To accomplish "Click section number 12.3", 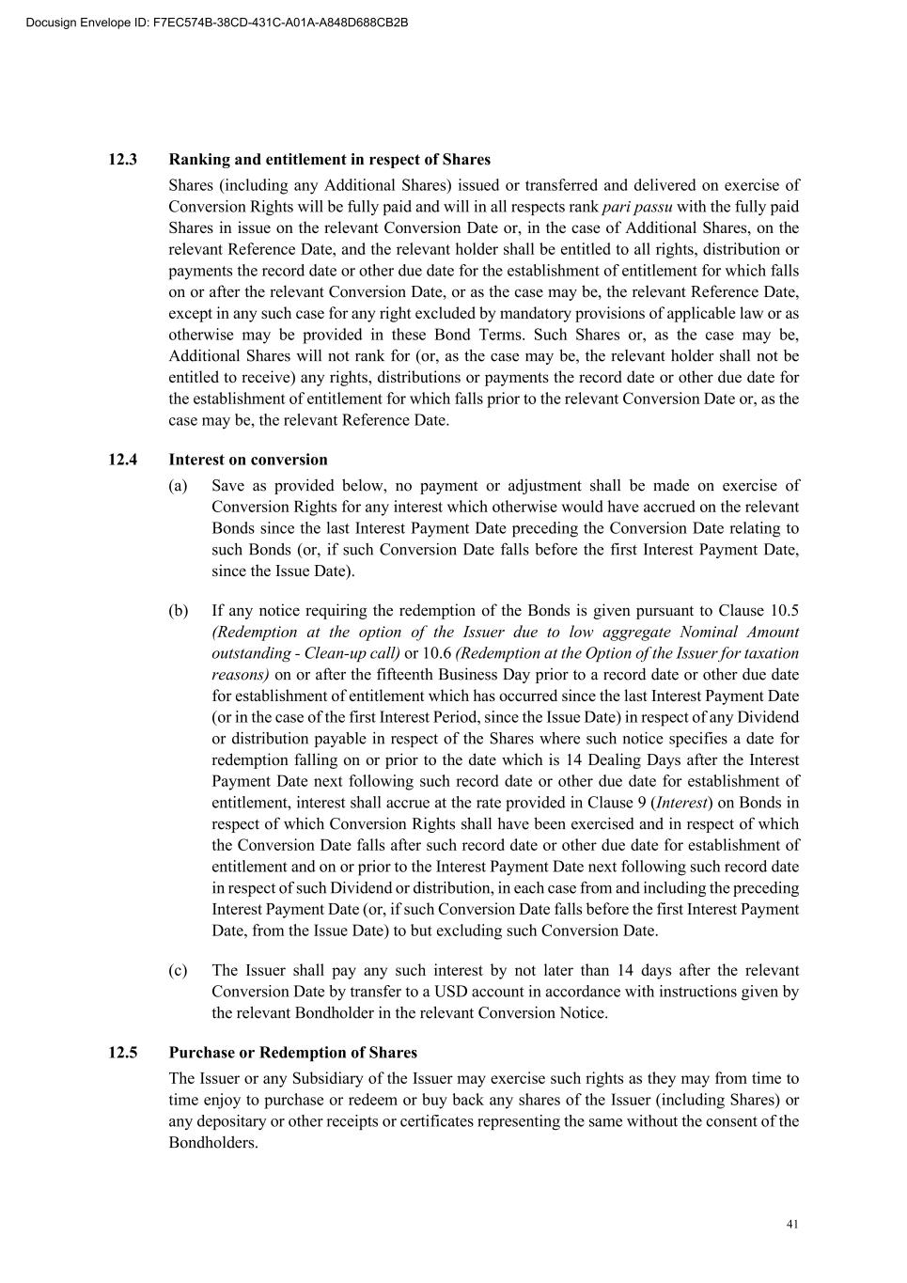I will pos(123,160).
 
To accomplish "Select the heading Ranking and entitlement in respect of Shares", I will pos(329,160).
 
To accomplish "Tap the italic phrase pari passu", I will pos(637,207).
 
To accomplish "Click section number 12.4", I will pos(123,460).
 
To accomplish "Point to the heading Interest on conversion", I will pos(248,460).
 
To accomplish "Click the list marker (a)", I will pos(179,486).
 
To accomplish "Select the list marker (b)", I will pos(179,611).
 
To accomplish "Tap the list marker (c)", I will pos(179,970).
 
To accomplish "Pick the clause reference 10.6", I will pos(437,653).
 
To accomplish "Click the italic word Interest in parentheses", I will pos(681,803).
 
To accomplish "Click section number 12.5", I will pos(123,1053).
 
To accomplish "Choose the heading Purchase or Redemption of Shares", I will pos(293,1053).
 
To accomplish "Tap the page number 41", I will pos(792,1224).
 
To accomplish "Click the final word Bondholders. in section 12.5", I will pos(213,1143).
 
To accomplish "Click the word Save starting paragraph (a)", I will pos(229,486).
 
